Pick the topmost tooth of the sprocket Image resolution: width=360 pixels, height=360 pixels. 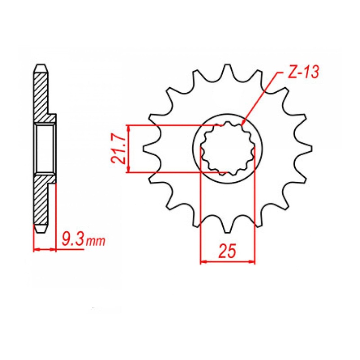pos(228,72)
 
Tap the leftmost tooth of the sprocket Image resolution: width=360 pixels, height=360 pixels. pos(148,148)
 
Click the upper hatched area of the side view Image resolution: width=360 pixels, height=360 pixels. pos(41,94)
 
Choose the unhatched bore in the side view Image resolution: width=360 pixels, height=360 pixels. pos(45,148)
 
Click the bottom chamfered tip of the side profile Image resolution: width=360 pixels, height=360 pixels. pos(41,229)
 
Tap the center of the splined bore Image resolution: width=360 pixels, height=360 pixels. pos(227,148)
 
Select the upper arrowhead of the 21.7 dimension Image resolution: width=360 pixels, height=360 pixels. pos(129,128)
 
